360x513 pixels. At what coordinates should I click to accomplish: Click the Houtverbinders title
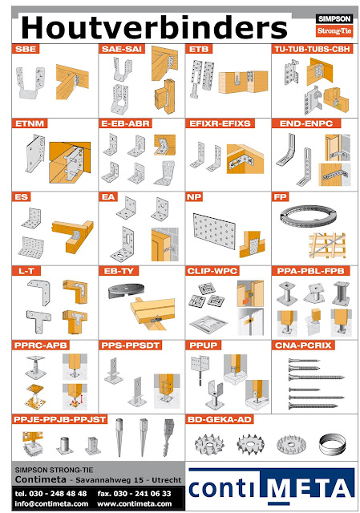[x=154, y=27]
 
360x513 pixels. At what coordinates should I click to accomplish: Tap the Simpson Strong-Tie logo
[x=334, y=25]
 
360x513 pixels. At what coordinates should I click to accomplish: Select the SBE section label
[x=26, y=49]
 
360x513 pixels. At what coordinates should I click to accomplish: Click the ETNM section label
[x=30, y=123]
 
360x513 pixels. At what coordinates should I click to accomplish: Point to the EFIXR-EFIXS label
[x=220, y=123]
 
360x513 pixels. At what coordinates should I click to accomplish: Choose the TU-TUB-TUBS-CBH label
[x=312, y=49]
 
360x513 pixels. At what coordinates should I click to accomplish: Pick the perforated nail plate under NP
[x=214, y=231]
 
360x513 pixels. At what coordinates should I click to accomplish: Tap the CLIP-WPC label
[x=212, y=271]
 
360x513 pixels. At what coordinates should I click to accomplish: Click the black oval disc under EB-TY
[x=126, y=290]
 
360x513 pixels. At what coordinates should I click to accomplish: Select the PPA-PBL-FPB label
[x=310, y=271]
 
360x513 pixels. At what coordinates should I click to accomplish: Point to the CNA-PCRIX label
[x=303, y=345]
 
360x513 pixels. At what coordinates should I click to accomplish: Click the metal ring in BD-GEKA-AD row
[x=332, y=445]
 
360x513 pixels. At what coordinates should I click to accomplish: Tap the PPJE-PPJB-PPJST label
[x=60, y=419]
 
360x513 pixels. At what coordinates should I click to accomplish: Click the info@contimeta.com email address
[x=51, y=503]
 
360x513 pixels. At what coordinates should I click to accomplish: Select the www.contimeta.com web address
[x=134, y=503]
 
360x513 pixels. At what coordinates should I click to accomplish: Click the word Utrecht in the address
[x=166, y=480]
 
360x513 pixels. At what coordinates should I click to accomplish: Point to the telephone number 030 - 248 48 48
[x=58, y=494]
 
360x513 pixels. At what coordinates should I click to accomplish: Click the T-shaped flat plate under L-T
[x=38, y=321]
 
